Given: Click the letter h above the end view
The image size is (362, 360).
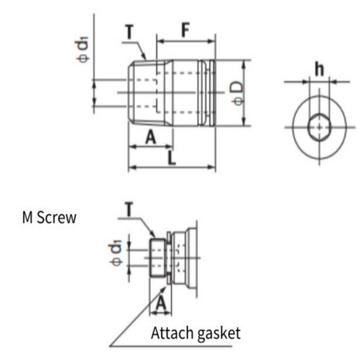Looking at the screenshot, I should point(319,69).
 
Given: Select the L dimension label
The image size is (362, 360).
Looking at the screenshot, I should point(171,158).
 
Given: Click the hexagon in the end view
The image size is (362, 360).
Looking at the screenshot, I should point(319,127).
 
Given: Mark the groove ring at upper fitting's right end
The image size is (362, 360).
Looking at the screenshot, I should point(210,93).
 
